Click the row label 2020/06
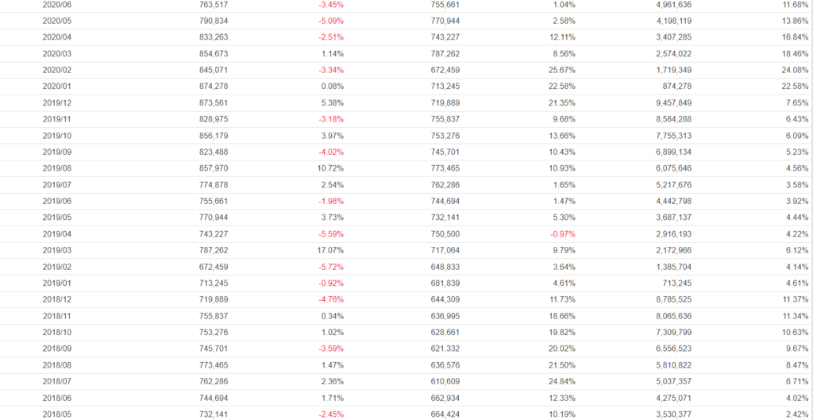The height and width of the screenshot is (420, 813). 56,5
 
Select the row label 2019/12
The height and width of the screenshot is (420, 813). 56,103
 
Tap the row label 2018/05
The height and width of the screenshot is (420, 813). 56,414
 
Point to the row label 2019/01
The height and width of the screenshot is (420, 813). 56,283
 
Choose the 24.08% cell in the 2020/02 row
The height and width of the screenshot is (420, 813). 795,70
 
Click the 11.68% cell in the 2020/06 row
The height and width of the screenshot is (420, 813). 795,5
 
